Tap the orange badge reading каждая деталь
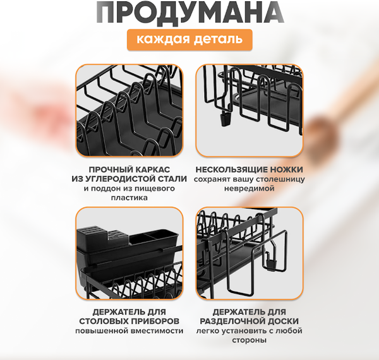tap(189, 40)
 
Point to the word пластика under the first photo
tap(129, 198)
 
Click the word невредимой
tap(249, 188)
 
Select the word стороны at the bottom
tap(249, 340)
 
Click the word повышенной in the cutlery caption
tap(100, 331)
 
